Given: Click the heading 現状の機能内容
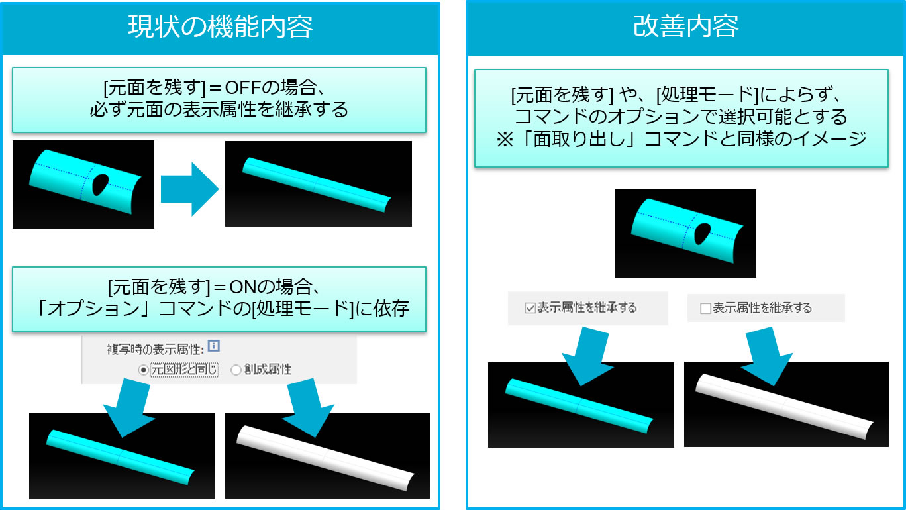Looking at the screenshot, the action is click(221, 26).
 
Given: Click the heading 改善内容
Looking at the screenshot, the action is click(685, 26).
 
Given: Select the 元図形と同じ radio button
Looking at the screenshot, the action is click(143, 370).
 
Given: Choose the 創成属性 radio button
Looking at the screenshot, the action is click(236, 370).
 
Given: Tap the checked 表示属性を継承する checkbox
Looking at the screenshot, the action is click(530, 308).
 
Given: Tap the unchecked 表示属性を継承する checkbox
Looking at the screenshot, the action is click(705, 309).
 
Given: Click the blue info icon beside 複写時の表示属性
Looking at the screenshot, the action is click(213, 346).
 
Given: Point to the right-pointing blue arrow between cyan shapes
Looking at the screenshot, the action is click(189, 189).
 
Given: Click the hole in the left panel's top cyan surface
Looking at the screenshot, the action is click(100, 185).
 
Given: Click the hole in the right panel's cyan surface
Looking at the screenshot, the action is click(702, 234).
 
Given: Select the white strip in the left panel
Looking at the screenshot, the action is click(325, 458).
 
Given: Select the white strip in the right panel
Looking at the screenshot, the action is click(785, 407).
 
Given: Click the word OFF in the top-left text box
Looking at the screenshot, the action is click(242, 87).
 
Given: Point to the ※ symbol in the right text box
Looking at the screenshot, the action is click(505, 140).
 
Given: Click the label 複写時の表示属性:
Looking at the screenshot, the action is click(156, 349).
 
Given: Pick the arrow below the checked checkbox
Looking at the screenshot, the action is click(587, 356).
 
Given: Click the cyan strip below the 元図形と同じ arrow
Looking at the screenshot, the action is click(121, 457).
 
